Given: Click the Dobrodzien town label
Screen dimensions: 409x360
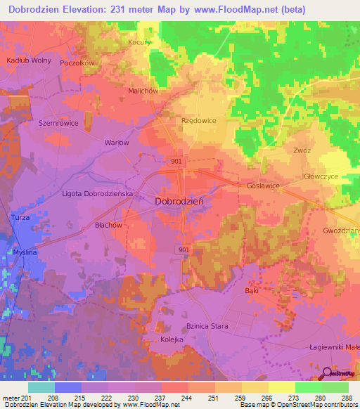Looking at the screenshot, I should point(179,201).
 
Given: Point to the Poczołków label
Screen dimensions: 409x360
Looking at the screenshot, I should point(77,63).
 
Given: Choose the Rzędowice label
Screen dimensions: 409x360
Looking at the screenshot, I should point(199,120).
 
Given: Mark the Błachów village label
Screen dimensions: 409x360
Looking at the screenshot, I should point(109,225).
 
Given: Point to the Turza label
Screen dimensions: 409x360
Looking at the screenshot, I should point(20,219).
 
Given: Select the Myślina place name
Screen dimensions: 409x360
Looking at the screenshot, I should point(25,252).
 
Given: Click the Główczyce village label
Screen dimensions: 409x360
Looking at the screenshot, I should point(321,176).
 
